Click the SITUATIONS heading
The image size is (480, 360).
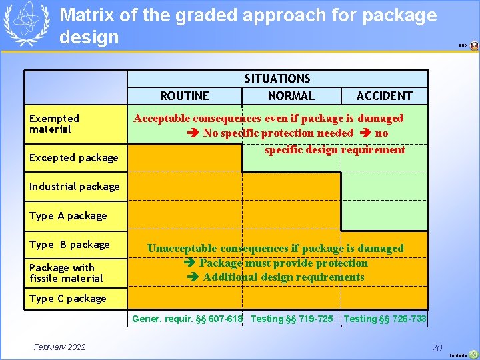pyautogui.click(x=277, y=79)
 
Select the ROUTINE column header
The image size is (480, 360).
pyautogui.click(x=185, y=96)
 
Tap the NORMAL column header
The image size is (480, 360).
pyautogui.click(x=291, y=96)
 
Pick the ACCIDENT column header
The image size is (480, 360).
pyautogui.click(x=385, y=96)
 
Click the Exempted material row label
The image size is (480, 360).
pyautogui.click(x=54, y=123)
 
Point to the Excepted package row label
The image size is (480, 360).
pyautogui.click(x=73, y=158)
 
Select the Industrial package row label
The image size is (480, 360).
pyautogui.click(x=74, y=187)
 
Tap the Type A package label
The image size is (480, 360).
pyautogui.click(x=68, y=216)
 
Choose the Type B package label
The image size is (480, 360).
pyautogui.click(x=69, y=245)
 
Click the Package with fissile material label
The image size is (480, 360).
pyautogui.click(x=66, y=273)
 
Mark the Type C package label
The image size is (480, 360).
pyautogui.click(x=67, y=299)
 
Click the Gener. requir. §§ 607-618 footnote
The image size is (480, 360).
pyautogui.click(x=187, y=319)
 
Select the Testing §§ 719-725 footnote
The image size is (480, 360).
pyautogui.click(x=291, y=319)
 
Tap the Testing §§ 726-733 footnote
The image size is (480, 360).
pyautogui.click(x=385, y=319)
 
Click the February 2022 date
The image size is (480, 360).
pyautogui.click(x=60, y=347)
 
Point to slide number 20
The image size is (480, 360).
pyautogui.click(x=437, y=347)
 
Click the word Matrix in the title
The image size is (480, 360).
pyautogui.click(x=85, y=15)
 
